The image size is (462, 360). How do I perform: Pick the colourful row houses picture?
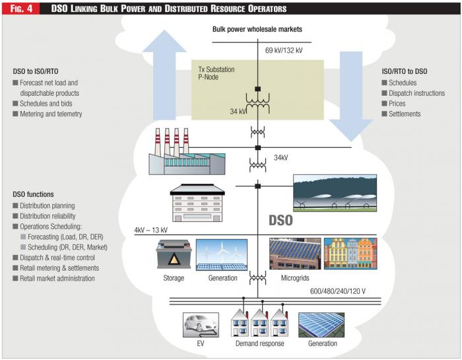[350, 254]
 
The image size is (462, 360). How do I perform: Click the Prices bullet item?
[397, 104]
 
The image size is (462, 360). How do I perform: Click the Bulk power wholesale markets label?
[257, 30]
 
